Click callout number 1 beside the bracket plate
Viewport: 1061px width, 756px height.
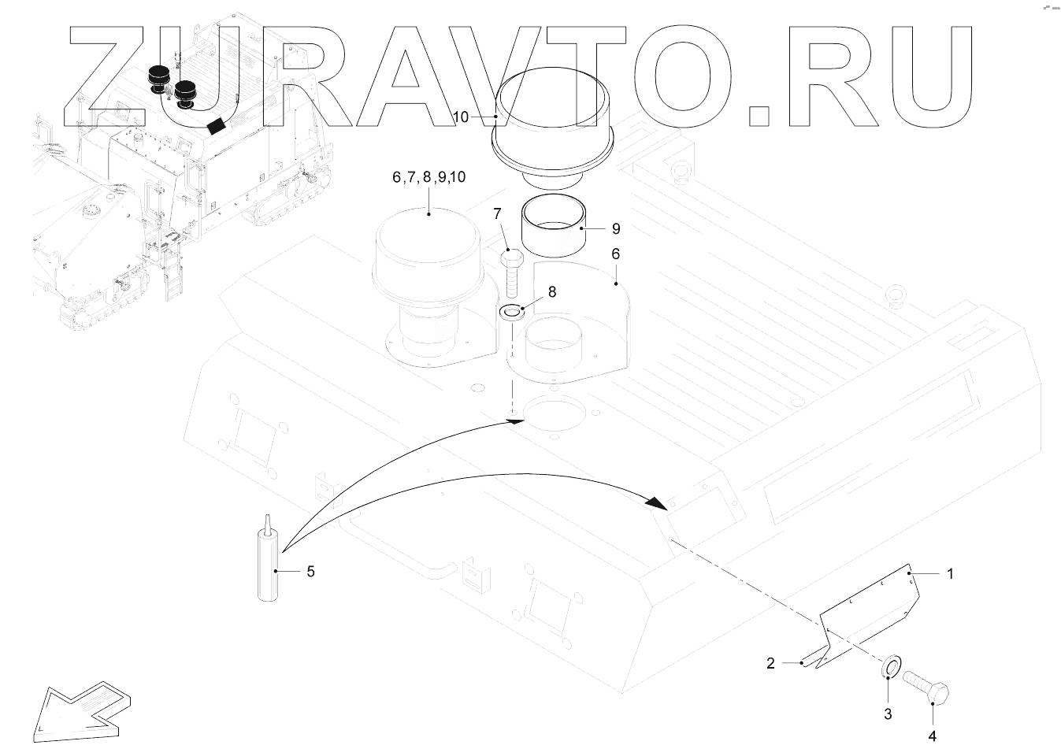(950, 574)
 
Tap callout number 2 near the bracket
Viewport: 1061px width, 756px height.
(771, 663)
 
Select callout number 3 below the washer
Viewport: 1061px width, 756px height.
(888, 714)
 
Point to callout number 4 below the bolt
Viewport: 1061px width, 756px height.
(933, 736)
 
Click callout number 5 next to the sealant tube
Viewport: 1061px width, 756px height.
(310, 571)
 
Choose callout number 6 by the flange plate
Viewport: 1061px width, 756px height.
(616, 254)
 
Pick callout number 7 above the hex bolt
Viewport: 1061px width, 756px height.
(498, 213)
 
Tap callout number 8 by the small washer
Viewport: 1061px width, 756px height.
(551, 291)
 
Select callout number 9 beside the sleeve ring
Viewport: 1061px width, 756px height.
(616, 229)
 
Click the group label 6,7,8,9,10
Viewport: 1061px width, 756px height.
(428, 177)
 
